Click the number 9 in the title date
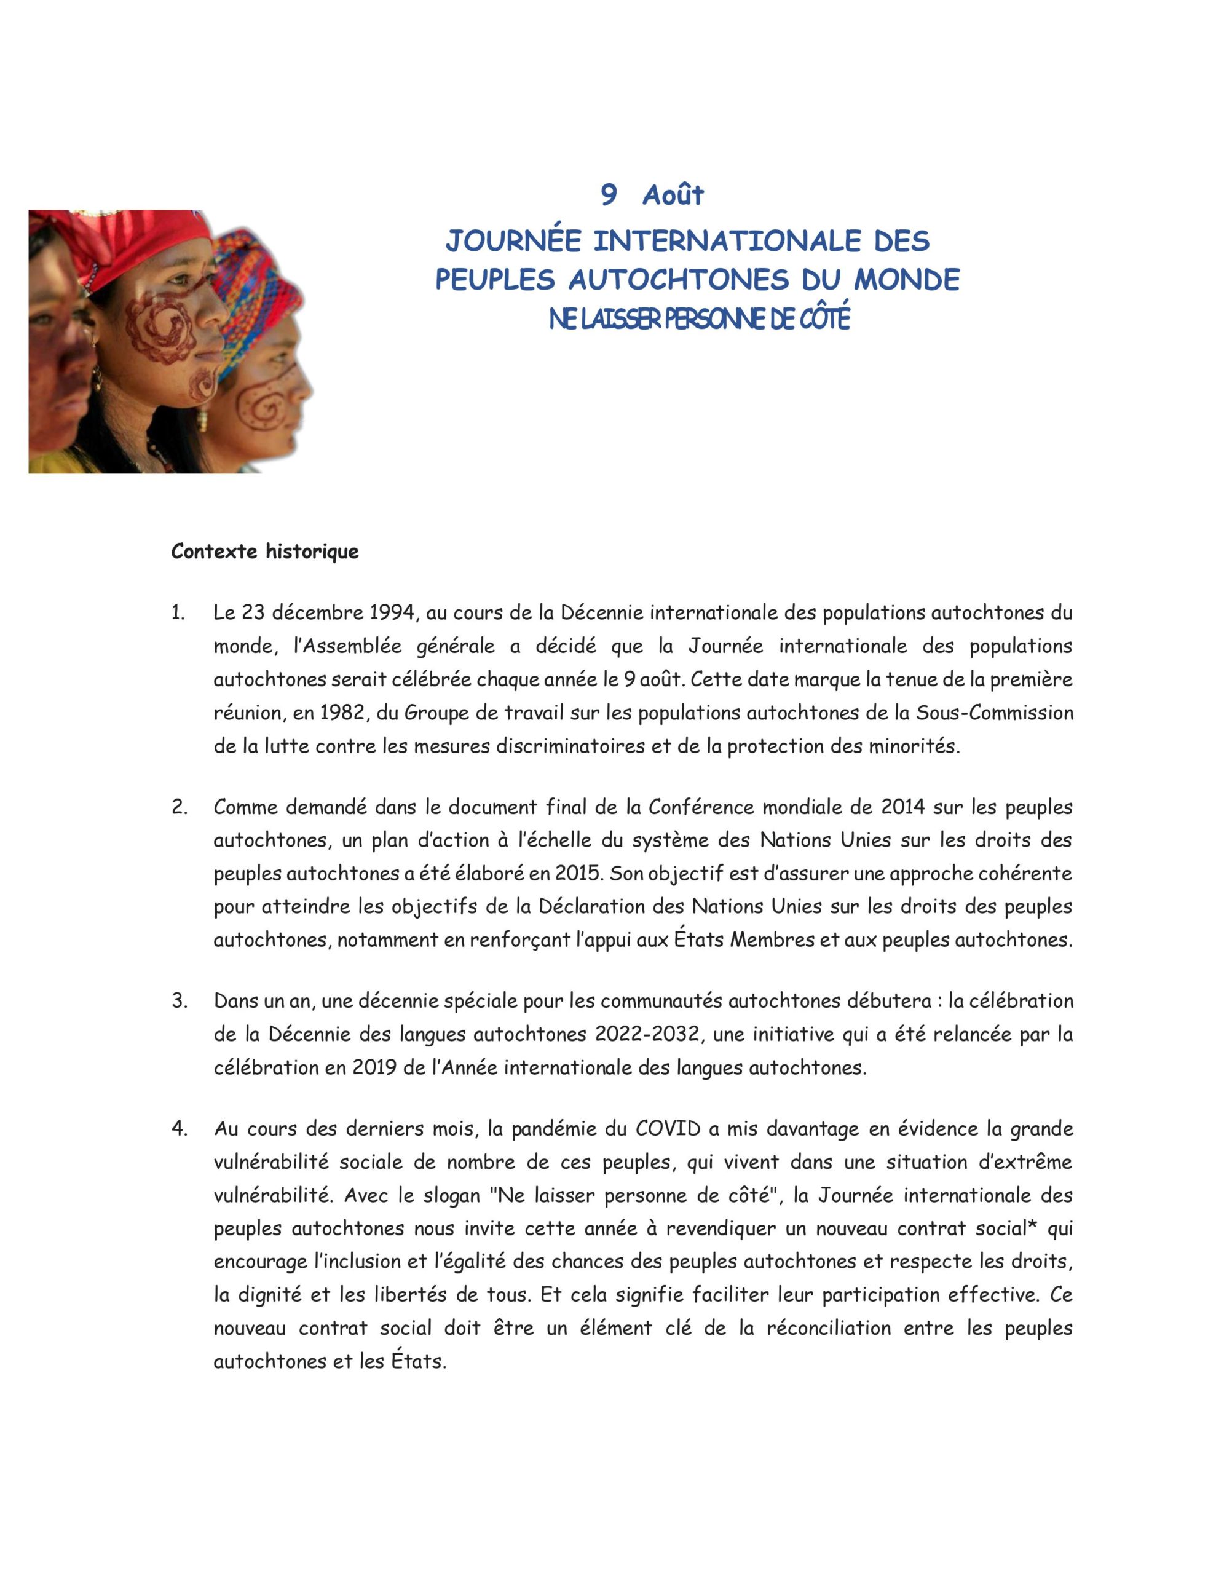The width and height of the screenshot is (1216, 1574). pos(609,194)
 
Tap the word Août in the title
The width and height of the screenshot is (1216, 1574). pos(673,194)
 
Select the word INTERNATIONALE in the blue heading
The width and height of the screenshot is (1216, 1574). pos(727,241)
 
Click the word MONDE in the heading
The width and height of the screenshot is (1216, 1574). pos(910,280)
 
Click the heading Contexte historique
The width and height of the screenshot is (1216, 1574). pos(264,552)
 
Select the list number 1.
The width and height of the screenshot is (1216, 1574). pos(177,614)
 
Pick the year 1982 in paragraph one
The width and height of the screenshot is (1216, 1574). pos(347,713)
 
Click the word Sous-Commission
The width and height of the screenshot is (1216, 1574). pos(995,713)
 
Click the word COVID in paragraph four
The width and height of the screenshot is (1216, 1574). pos(668,1129)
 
